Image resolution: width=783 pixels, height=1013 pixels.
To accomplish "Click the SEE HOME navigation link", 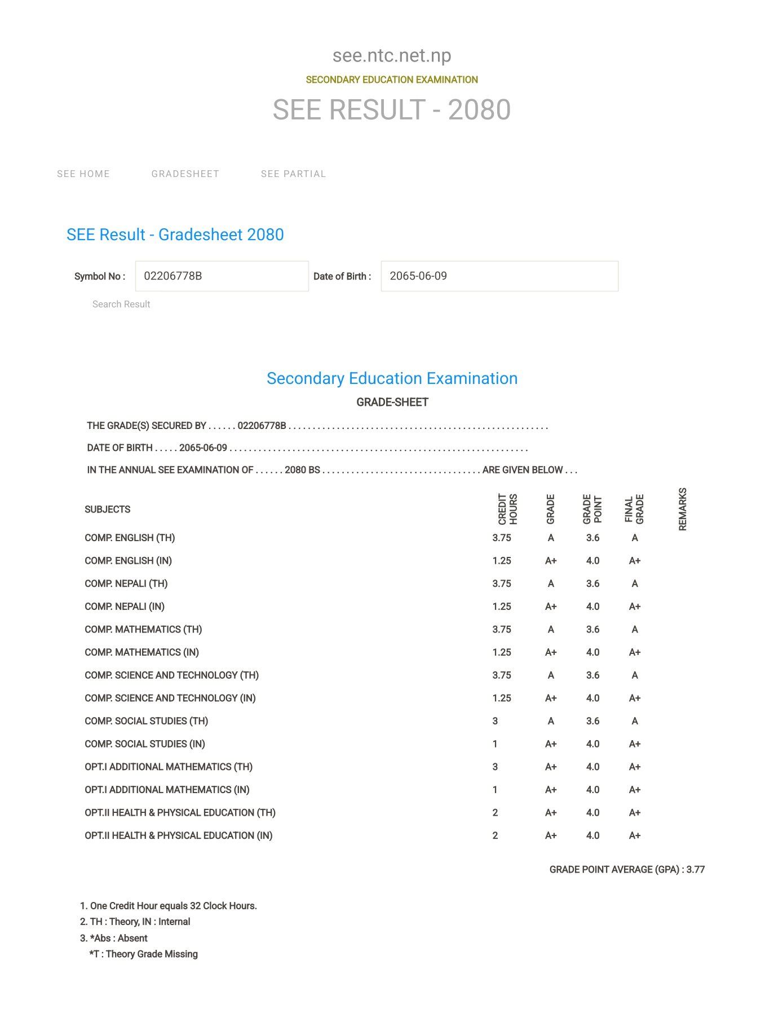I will pos(83,174).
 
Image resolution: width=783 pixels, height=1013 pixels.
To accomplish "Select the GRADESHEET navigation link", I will pos(185,174).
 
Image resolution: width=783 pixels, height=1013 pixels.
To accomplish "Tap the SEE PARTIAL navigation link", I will pos(293,174).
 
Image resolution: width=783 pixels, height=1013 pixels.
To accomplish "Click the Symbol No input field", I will pos(222,276).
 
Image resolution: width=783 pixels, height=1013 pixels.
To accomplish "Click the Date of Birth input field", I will pos(499,276).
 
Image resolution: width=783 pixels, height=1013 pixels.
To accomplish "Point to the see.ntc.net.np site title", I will pos(392,55).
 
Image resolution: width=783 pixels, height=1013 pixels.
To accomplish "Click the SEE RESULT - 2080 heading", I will pos(392,109).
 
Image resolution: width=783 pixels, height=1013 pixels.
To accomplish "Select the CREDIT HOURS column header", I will pos(507,509).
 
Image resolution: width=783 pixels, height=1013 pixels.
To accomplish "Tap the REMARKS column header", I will pos(683,509).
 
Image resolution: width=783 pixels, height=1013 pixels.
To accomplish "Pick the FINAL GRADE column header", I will pos(634,509).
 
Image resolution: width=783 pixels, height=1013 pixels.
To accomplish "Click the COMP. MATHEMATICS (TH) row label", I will pos(143,630).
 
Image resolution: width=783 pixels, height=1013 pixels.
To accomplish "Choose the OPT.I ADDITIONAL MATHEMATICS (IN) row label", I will pos(167,790).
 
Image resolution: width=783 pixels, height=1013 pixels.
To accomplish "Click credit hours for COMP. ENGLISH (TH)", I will pos(502,538).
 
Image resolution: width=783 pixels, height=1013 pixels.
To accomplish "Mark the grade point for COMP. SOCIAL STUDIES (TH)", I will pos(592,721).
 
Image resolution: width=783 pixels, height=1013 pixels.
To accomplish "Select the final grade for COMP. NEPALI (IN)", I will pos(635,607).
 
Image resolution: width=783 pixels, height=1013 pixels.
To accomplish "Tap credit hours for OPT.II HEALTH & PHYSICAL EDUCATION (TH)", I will pos(495,813).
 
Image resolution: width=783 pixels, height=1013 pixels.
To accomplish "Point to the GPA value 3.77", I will pos(696,870).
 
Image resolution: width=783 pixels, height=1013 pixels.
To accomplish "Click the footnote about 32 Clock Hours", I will pos(169,906).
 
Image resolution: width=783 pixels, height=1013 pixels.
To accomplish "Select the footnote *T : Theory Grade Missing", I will pos(143,954).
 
